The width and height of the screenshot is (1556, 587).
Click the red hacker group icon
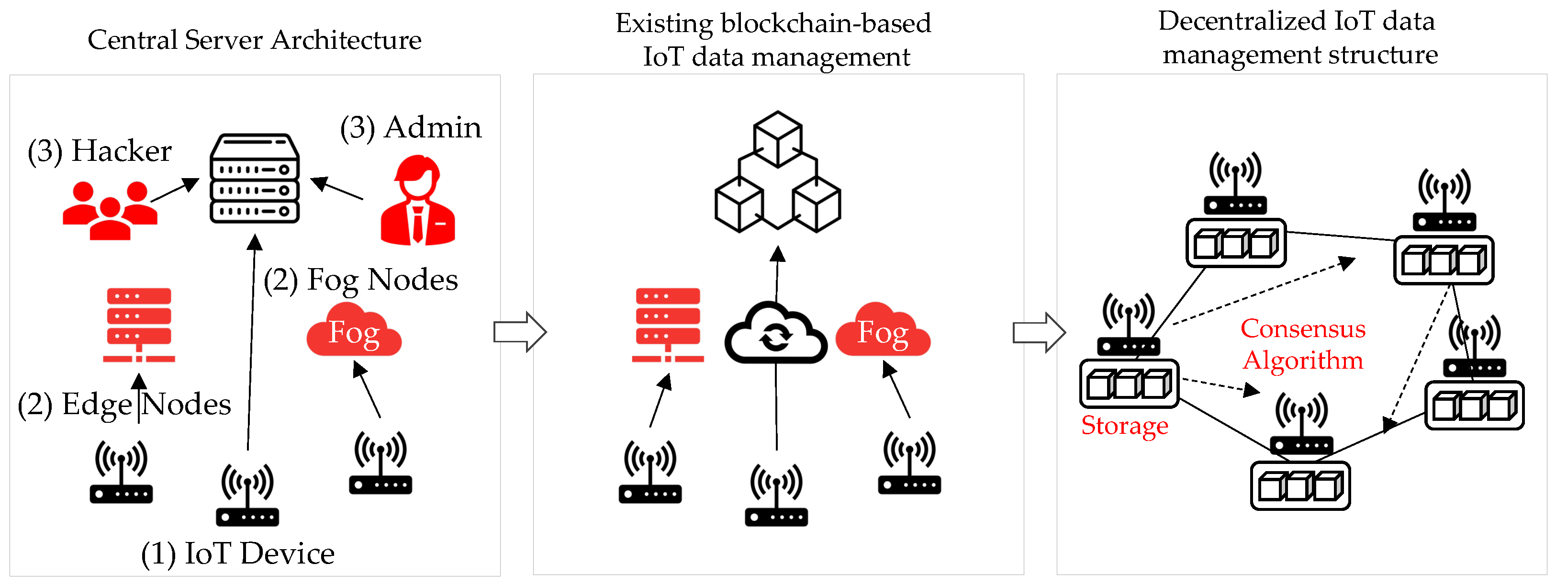point(110,210)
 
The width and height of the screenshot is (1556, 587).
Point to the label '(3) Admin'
point(411,127)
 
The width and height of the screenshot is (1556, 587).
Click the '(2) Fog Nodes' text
point(360,280)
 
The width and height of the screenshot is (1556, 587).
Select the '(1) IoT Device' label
point(237,553)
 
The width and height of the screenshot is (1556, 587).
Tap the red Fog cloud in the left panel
point(354,331)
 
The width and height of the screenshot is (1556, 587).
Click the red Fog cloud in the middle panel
point(883,331)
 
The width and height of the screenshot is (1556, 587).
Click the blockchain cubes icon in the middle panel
point(777,172)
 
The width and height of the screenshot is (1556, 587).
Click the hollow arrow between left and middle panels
point(519,331)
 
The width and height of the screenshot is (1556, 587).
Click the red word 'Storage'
point(1124,426)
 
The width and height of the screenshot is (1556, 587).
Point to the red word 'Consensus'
point(1303,329)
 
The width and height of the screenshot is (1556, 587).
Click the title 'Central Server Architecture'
point(254,40)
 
